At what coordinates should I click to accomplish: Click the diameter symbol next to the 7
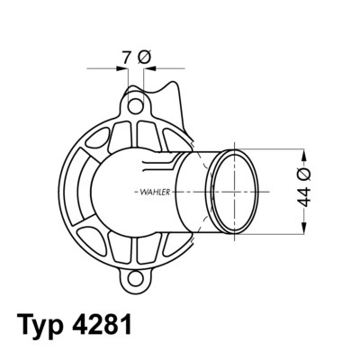point(145,58)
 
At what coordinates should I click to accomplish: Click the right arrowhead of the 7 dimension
point(148,67)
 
